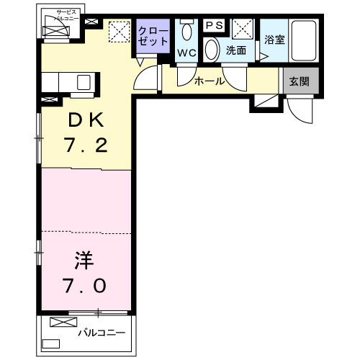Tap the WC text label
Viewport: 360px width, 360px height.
[x=187, y=53]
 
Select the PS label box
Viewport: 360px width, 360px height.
[x=215, y=25]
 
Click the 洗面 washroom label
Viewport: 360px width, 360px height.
[x=236, y=50]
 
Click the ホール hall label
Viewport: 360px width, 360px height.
[x=210, y=81]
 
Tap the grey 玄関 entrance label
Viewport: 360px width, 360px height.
[x=300, y=81]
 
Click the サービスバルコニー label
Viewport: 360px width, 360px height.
[x=63, y=16]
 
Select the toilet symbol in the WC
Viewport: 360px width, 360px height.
[x=187, y=32]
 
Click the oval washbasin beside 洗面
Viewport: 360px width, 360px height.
[x=212, y=49]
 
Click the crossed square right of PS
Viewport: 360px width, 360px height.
[x=242, y=30]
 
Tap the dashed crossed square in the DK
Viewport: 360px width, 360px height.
[x=117, y=32]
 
